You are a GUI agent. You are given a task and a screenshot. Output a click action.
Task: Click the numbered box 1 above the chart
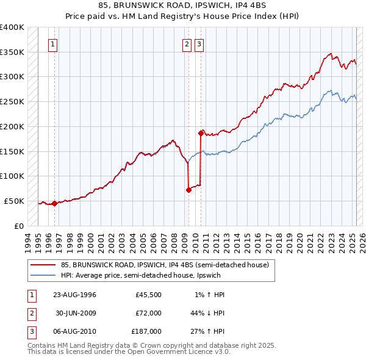coord(53,43)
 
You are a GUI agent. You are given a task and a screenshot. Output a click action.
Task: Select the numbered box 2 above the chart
coord(186,43)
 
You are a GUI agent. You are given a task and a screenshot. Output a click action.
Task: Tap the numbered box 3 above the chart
coord(199,43)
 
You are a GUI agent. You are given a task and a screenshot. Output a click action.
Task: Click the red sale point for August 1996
coord(54,203)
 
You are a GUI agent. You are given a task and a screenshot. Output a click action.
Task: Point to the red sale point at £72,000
coord(188,190)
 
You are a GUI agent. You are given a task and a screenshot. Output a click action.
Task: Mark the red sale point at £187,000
coord(200,132)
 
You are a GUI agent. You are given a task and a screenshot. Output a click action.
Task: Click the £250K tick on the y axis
coord(13,101)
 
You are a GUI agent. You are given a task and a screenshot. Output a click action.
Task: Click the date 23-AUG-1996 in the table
coord(75,295)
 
